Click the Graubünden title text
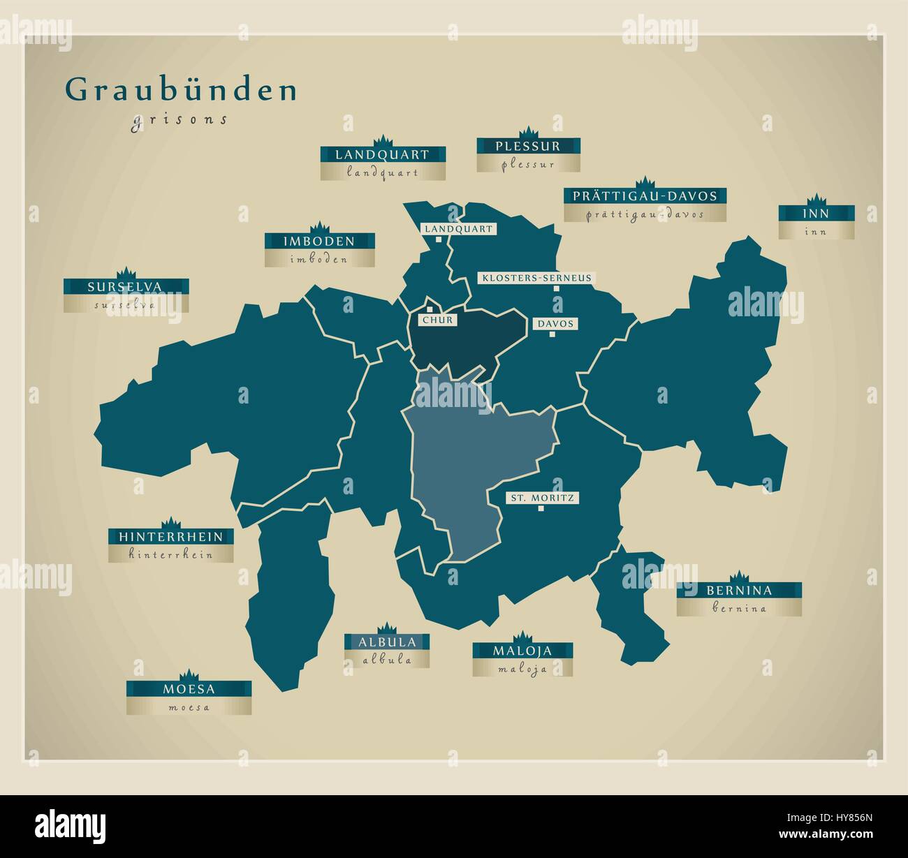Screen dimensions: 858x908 click(x=182, y=90)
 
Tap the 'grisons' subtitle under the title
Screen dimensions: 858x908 click(x=180, y=119)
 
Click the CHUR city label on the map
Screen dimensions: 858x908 click(x=437, y=320)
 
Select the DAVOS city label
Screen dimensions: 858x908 click(x=556, y=324)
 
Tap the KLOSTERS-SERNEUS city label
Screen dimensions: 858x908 click(x=536, y=278)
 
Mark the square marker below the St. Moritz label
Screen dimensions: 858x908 click(x=541, y=509)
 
